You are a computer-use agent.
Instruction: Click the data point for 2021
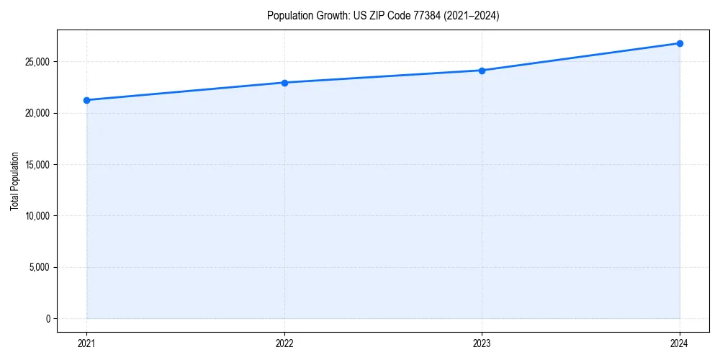(86, 100)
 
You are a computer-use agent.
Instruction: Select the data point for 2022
(284, 83)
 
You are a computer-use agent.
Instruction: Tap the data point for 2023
(482, 71)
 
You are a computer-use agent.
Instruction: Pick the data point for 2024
(680, 43)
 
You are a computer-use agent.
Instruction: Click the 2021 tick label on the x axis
(86, 343)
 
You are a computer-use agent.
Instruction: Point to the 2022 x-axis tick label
(284, 343)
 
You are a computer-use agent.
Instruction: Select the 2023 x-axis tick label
(482, 343)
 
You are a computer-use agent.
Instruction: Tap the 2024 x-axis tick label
(680, 343)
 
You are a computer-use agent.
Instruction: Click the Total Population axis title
(14, 180)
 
